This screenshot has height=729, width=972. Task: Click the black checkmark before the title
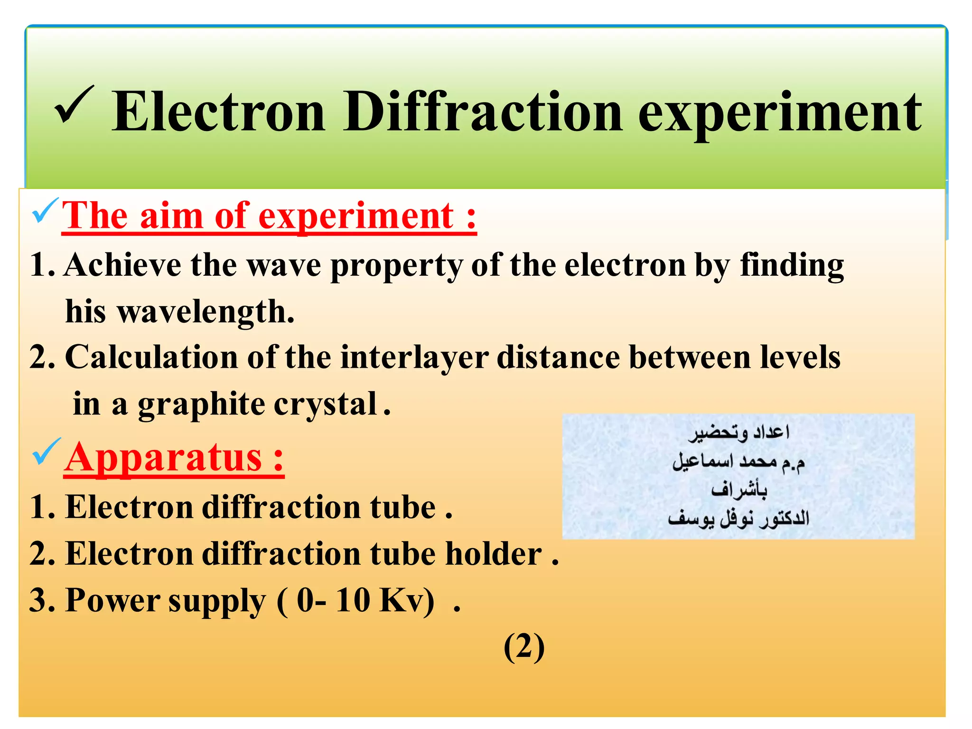tap(75, 105)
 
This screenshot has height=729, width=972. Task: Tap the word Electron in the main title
tap(219, 112)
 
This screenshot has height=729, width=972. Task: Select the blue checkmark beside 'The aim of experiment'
tap(45, 212)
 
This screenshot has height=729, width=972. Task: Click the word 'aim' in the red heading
tap(172, 216)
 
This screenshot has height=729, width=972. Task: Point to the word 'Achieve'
tap(123, 265)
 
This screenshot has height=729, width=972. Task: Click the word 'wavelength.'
tap(206, 312)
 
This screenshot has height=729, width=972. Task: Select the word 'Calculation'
tap(151, 357)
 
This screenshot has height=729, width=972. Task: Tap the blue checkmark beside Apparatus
tap(46, 452)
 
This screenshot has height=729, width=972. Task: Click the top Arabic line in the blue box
tap(739, 432)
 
